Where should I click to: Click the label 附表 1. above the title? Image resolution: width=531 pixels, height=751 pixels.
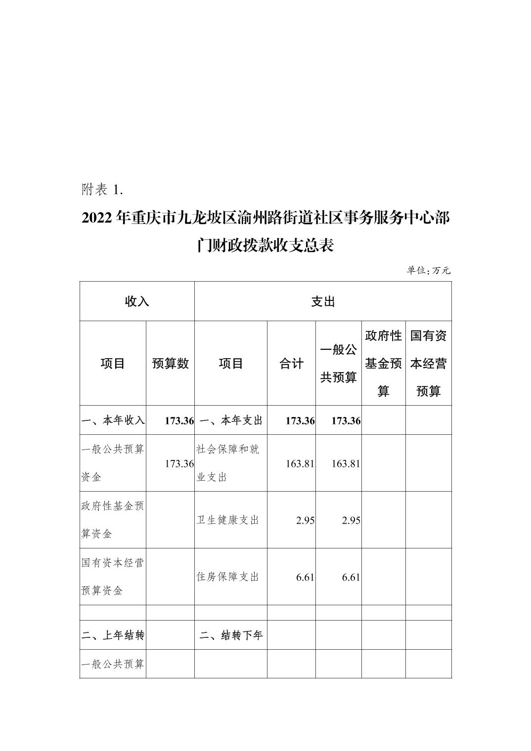click(x=102, y=189)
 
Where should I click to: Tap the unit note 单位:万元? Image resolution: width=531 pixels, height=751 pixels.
click(x=428, y=270)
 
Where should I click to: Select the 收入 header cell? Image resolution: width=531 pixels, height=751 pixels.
click(x=137, y=301)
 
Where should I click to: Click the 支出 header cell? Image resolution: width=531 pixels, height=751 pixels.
click(x=323, y=301)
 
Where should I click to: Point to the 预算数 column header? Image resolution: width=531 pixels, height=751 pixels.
click(x=170, y=364)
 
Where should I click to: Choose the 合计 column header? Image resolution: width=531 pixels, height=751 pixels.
click(x=291, y=364)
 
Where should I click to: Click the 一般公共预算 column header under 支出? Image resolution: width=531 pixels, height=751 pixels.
click(x=339, y=364)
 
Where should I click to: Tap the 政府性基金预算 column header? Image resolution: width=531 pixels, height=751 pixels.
click(x=383, y=364)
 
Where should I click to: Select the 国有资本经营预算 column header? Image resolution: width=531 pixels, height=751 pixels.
click(x=428, y=364)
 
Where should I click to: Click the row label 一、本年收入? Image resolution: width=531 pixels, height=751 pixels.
click(x=113, y=420)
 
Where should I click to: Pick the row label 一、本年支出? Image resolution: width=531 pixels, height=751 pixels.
click(x=231, y=420)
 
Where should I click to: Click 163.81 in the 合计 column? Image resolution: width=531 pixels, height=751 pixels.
click(x=300, y=464)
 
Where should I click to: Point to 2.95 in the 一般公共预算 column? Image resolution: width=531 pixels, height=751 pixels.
click(x=351, y=520)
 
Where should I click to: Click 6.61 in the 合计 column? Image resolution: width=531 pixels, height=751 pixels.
click(x=305, y=577)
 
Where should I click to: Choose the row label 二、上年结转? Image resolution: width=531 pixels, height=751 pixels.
click(x=113, y=635)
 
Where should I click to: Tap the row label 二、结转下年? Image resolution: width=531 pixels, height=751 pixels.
click(x=231, y=635)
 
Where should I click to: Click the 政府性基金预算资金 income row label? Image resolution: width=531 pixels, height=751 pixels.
click(x=113, y=520)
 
